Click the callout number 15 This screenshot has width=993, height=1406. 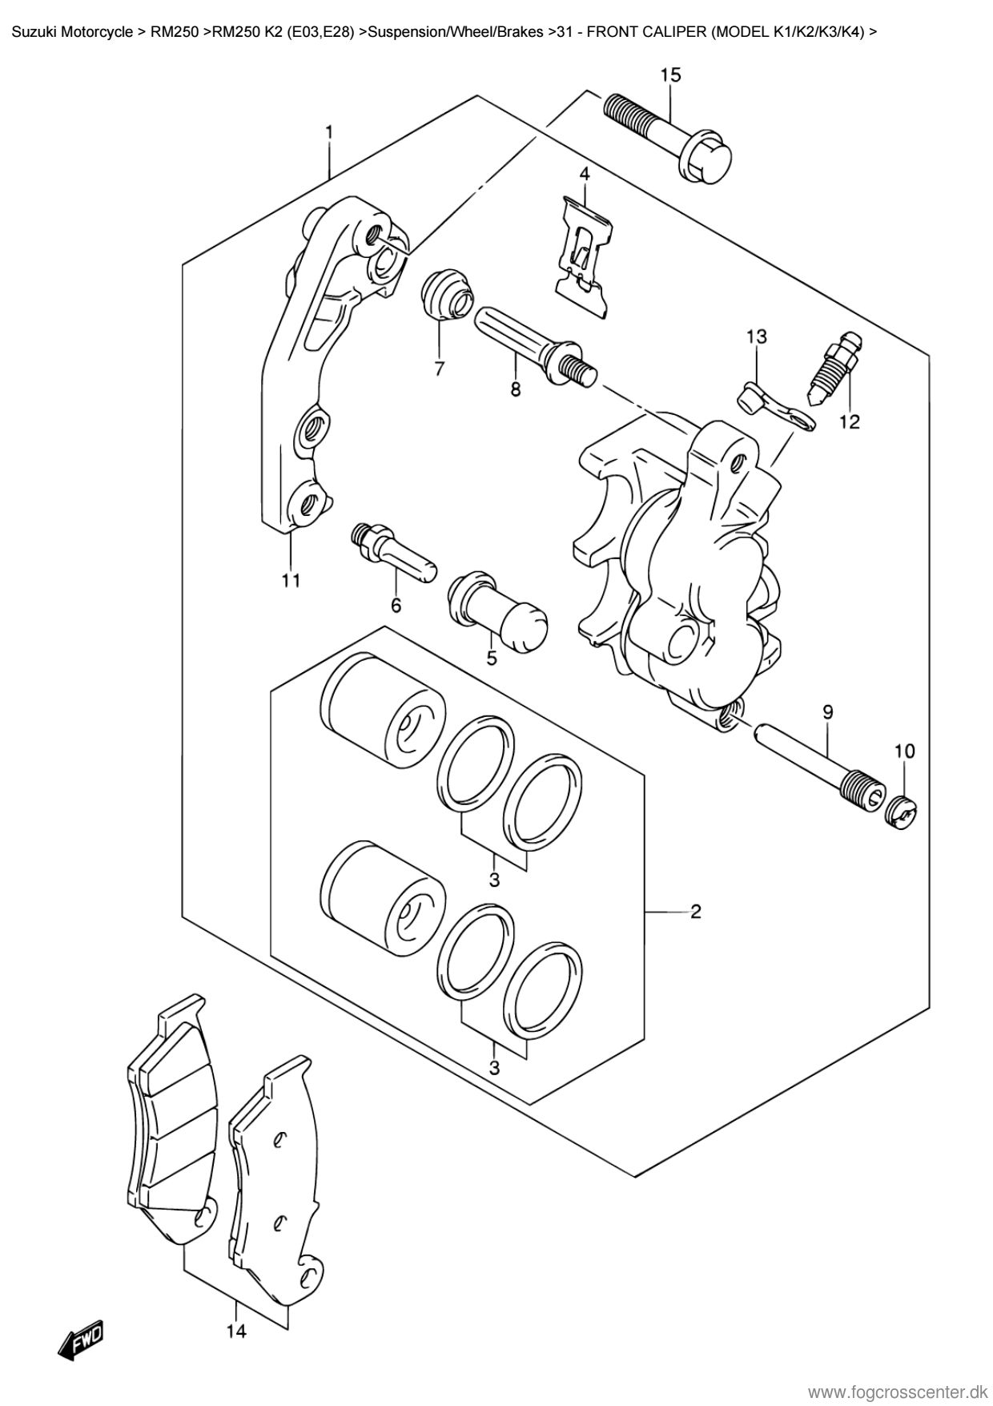click(x=670, y=75)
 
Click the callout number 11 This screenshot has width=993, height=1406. click(x=290, y=580)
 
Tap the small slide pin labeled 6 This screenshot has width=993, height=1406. click(x=392, y=552)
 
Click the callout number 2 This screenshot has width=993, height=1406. click(x=695, y=911)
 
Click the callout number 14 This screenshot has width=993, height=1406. click(x=236, y=1332)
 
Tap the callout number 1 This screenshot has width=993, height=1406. click(x=328, y=131)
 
